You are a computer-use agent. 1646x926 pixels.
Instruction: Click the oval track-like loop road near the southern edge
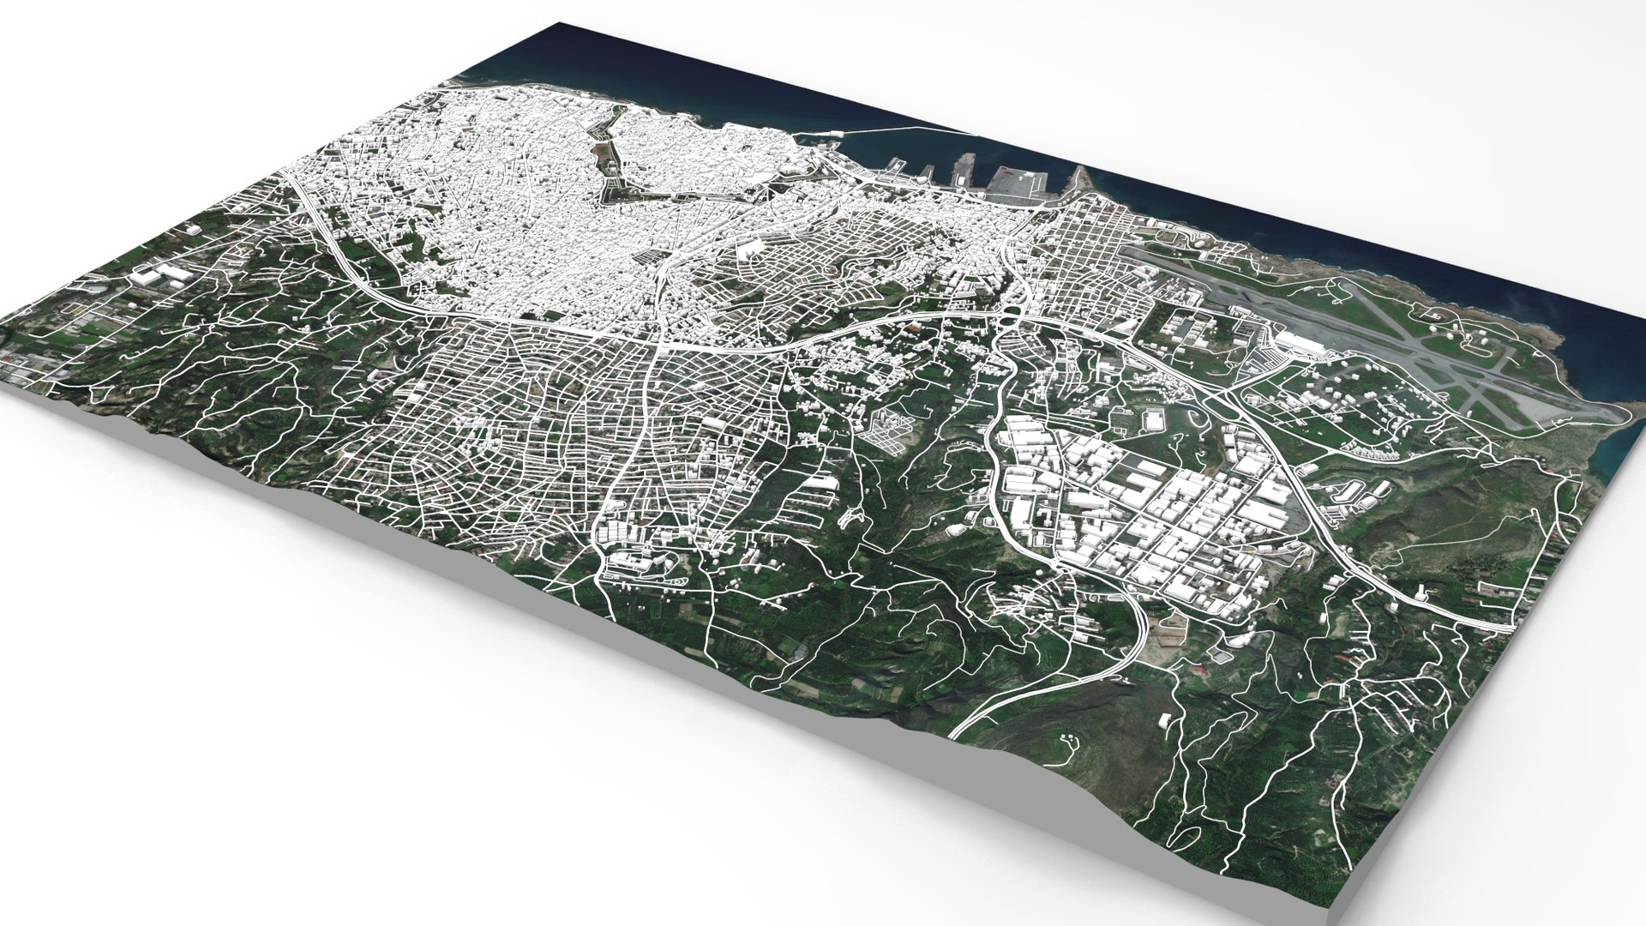point(677,583)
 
